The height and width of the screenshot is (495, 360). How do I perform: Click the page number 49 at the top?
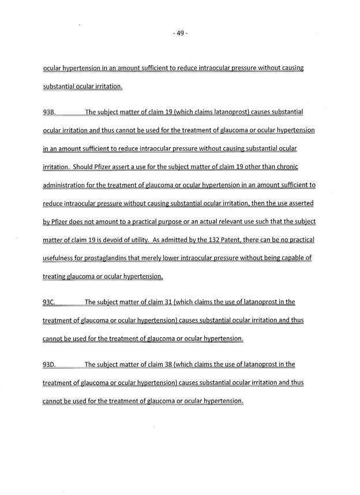tap(180, 33)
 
